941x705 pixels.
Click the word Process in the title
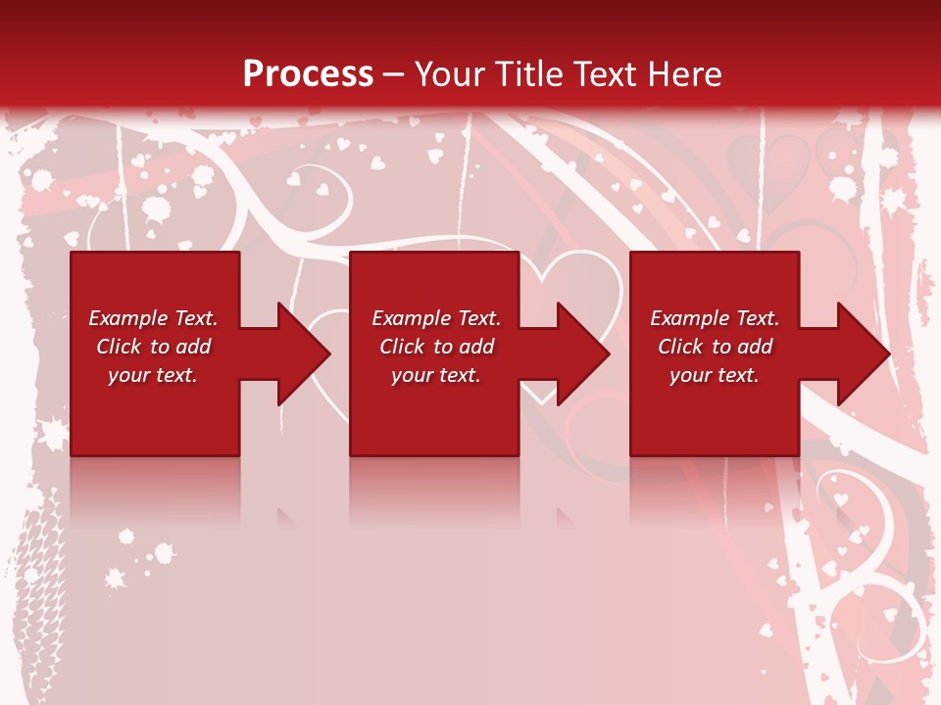[308, 74]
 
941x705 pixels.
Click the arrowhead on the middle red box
[581, 353]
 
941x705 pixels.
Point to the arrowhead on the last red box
[862, 353]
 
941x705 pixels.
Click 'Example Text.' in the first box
[153, 318]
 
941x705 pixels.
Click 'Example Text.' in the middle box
[435, 318]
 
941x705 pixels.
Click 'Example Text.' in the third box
[715, 318]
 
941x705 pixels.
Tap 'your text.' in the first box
[153, 375]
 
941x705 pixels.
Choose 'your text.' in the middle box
[435, 375]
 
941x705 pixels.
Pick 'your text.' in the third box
[715, 375]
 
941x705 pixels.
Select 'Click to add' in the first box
[153, 347]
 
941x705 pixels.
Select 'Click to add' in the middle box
[435, 347]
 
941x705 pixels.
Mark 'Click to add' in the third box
[715, 347]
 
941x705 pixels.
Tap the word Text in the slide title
[602, 74]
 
